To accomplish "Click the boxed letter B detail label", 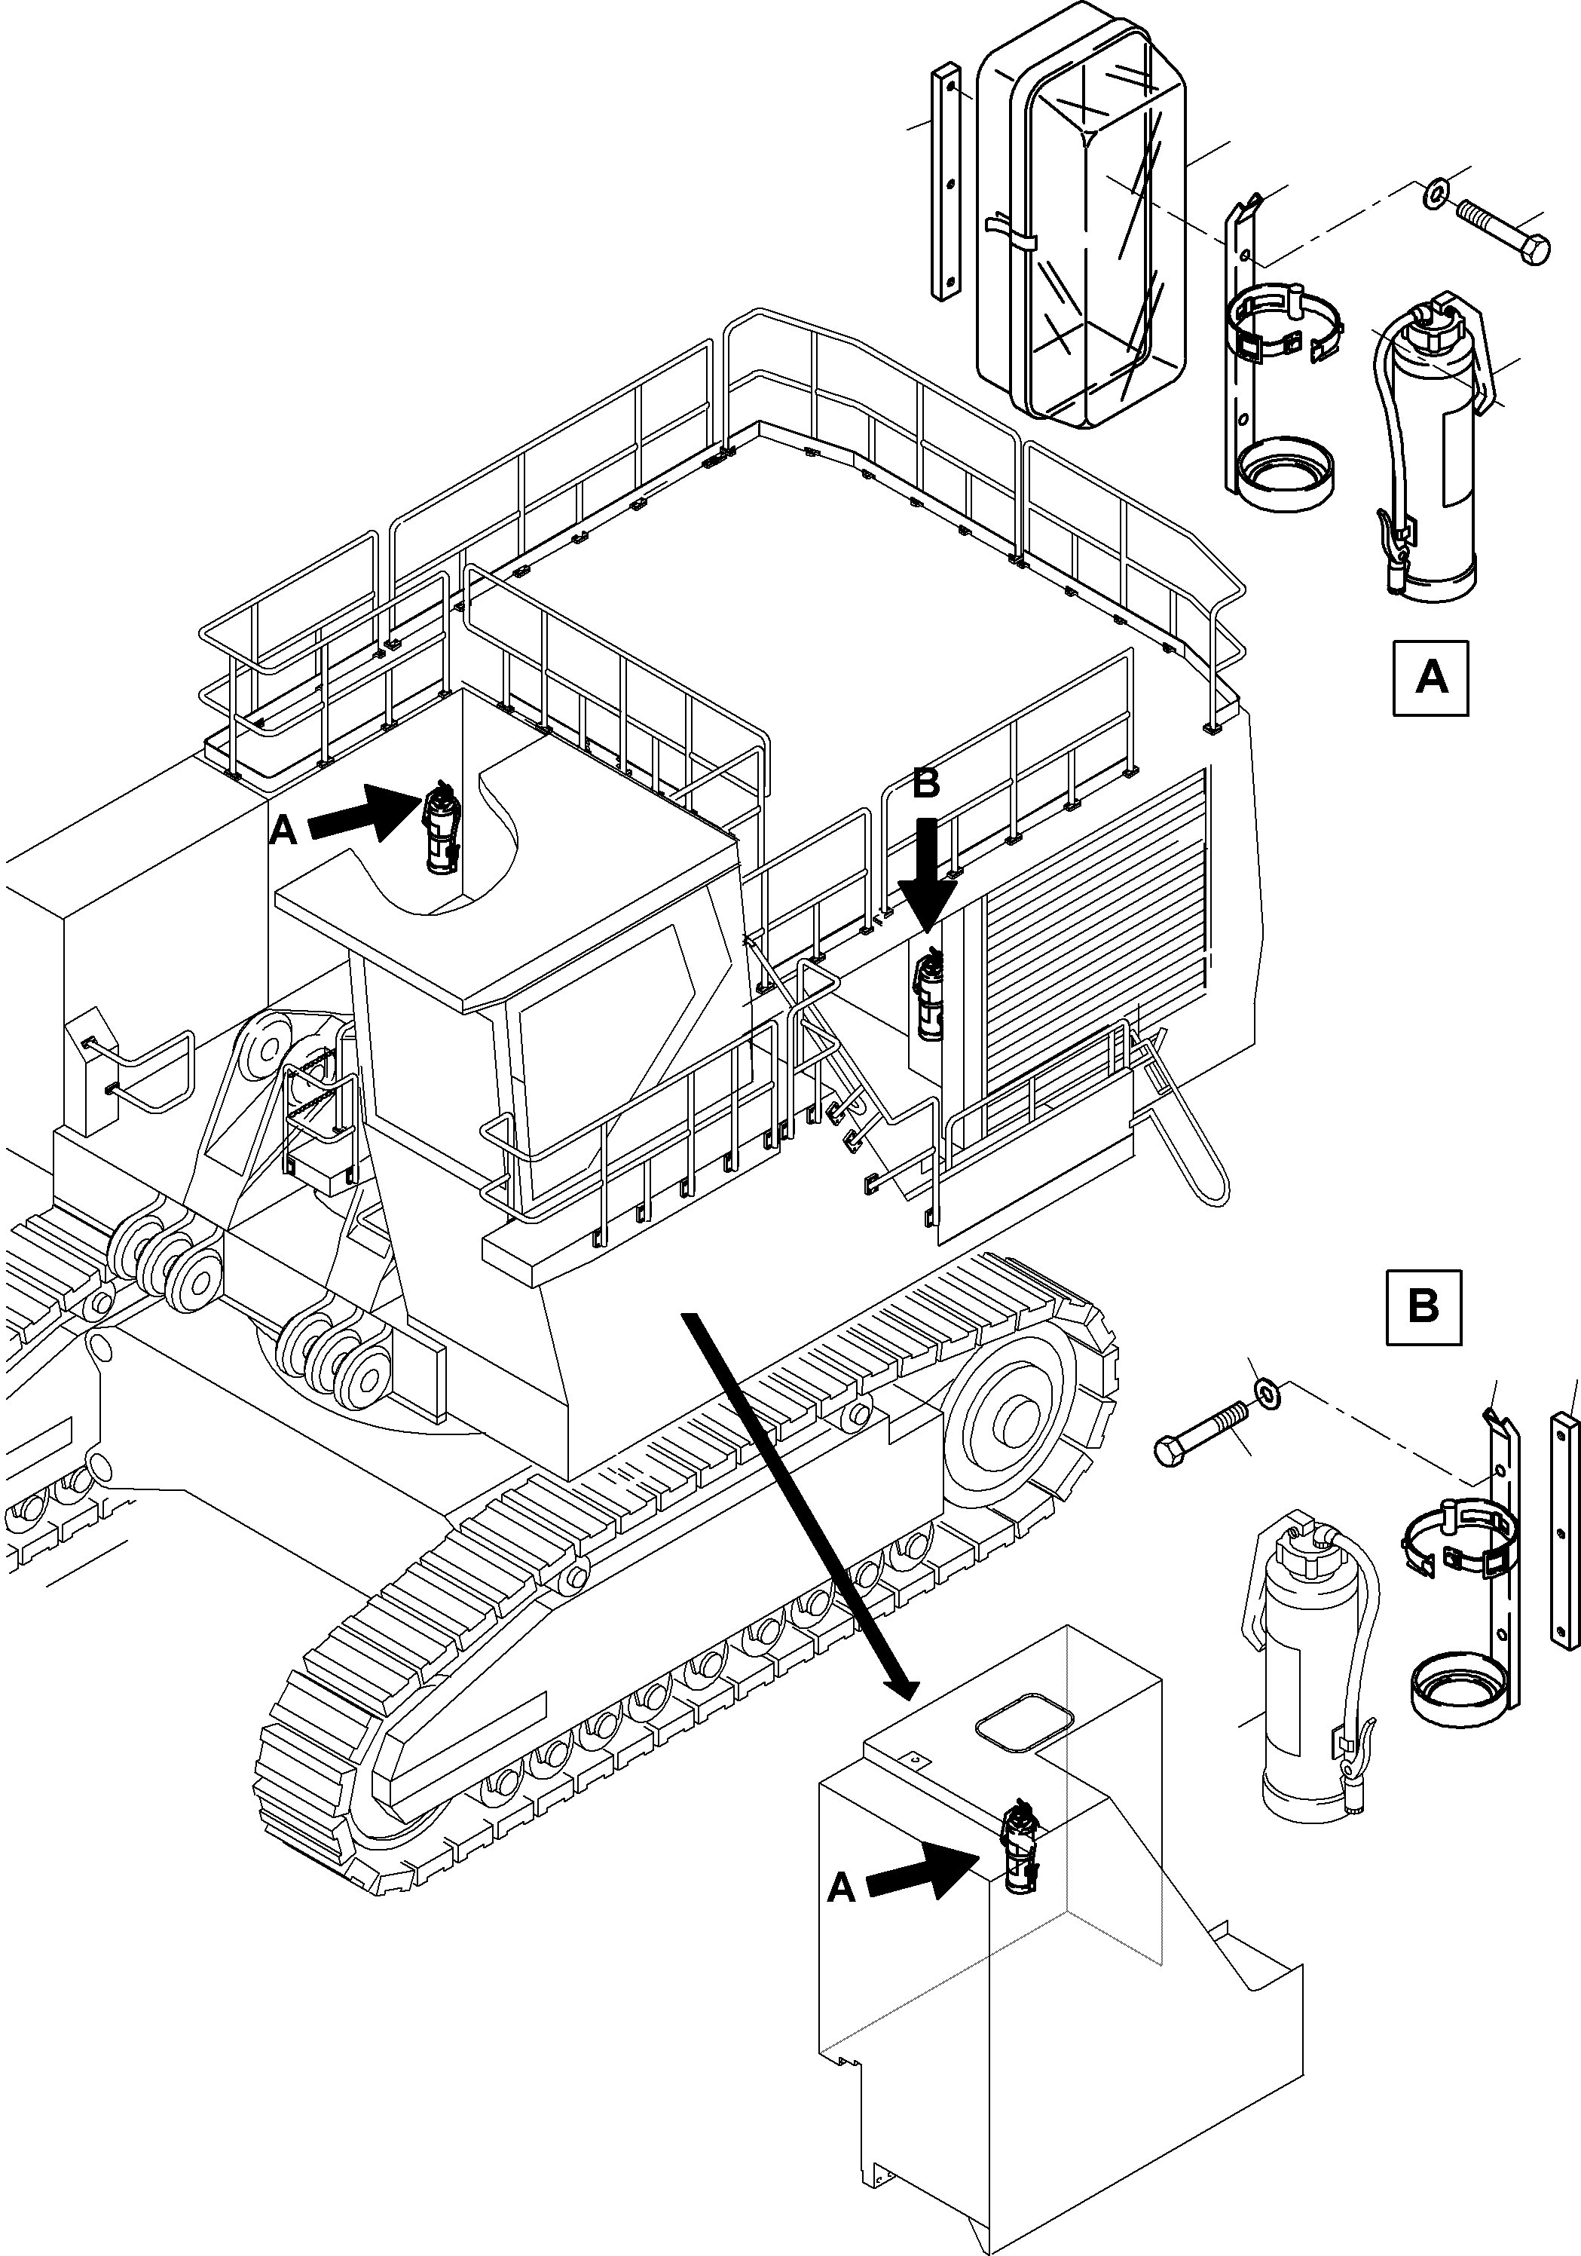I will (1422, 1307).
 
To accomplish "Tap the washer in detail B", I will (1268, 1392).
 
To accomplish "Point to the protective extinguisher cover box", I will (1081, 226).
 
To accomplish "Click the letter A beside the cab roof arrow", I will (282, 831).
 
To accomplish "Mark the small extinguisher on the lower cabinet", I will (1019, 1848).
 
